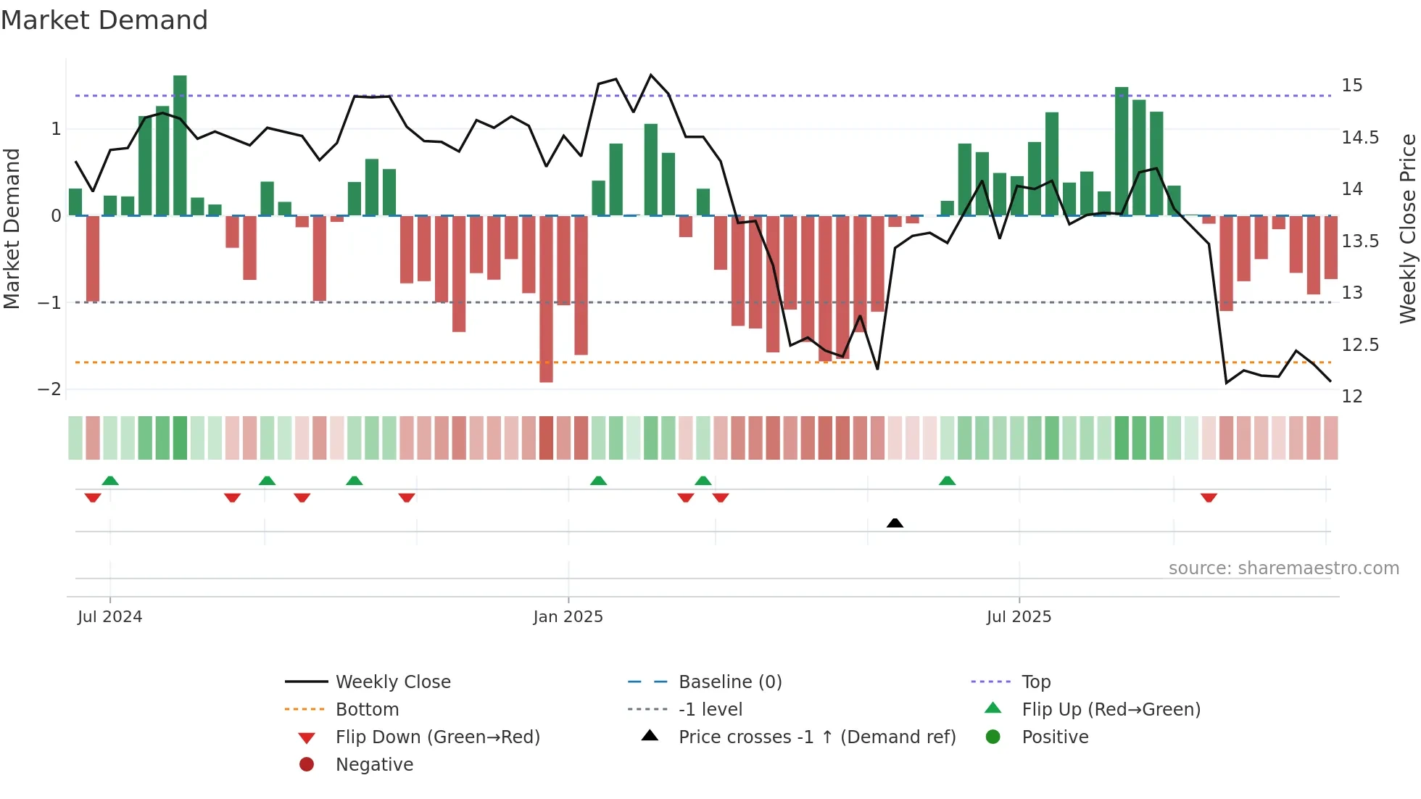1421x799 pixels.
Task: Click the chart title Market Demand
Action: coord(104,20)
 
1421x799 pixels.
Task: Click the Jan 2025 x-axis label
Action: coord(568,617)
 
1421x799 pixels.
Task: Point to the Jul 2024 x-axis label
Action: coord(109,617)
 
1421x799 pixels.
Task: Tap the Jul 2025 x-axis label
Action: coord(1019,617)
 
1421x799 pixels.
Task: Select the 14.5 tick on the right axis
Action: coord(1360,138)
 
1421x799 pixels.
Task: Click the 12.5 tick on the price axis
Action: coord(1360,345)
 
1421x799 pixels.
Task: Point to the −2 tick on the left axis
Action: coord(49,389)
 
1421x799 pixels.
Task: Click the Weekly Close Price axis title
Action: coord(1407,228)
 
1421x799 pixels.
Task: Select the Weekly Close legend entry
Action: coord(392,682)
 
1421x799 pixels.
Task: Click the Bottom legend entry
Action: coord(367,710)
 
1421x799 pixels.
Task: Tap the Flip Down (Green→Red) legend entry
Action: coord(437,737)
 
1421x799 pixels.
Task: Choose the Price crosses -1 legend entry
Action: coord(816,737)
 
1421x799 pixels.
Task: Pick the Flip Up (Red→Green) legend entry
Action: coord(1111,710)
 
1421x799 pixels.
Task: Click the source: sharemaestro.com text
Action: coord(1283,568)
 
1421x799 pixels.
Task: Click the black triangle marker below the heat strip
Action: coord(895,523)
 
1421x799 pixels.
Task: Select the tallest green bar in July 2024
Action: coord(180,145)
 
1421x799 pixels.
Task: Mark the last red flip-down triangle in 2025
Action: coord(1209,497)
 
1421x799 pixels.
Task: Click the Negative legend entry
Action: coord(374,765)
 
